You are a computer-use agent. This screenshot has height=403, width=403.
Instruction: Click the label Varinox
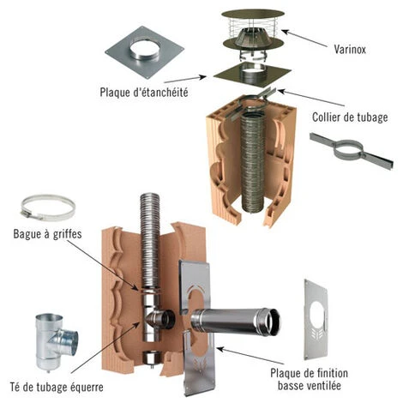tap(350, 50)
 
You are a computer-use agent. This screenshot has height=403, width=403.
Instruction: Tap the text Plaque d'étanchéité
tap(144, 93)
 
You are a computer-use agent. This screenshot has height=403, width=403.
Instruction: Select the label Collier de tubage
tap(350, 117)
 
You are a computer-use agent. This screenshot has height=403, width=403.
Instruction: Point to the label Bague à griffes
tap(47, 234)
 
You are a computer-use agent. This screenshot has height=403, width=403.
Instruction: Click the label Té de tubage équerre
tap(57, 388)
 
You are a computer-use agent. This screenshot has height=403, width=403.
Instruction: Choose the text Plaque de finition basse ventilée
tap(310, 379)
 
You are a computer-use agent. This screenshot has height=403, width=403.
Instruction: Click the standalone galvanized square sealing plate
tap(144, 54)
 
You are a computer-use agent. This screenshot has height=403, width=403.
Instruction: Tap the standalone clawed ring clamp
tap(48, 208)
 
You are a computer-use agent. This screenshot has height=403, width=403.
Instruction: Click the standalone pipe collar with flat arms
tap(352, 150)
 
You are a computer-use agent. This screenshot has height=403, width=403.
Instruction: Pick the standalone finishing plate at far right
tap(316, 320)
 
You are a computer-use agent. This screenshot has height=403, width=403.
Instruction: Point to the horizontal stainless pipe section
tap(236, 321)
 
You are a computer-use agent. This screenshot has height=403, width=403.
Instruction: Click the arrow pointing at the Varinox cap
tap(304, 39)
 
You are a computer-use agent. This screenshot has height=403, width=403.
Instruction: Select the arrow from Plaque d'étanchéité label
tap(185, 80)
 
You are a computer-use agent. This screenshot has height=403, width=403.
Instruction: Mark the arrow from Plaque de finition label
tap(250, 356)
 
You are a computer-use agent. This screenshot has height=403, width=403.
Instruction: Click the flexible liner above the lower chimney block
tap(150, 240)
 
